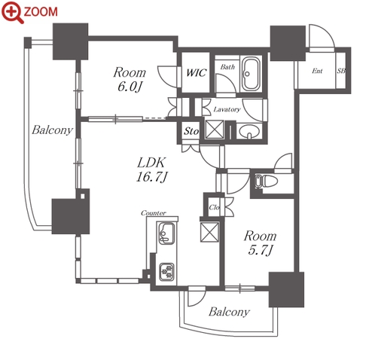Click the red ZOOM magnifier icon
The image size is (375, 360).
pyautogui.click(x=12, y=12)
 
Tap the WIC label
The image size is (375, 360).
pyautogui.click(x=197, y=72)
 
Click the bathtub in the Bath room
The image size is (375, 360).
pyautogui.click(x=251, y=74)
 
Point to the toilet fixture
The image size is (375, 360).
pyautogui.click(x=266, y=181)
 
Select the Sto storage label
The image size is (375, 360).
pyautogui.click(x=191, y=131)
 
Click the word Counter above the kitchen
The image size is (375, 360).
pyautogui.click(x=154, y=213)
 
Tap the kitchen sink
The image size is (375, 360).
pyautogui.click(x=166, y=233)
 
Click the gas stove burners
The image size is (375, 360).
pyautogui.click(x=166, y=272)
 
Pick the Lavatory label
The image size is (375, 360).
pyautogui.click(x=227, y=109)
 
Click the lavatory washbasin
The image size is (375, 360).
pyautogui.click(x=248, y=131)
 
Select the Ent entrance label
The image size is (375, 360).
pyautogui.click(x=317, y=71)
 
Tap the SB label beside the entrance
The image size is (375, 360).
pyautogui.click(x=341, y=71)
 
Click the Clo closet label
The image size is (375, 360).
pyautogui.click(x=214, y=207)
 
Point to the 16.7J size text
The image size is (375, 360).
pyautogui.click(x=151, y=177)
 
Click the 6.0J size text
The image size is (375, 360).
pyautogui.click(x=130, y=87)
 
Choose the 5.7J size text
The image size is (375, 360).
pyautogui.click(x=261, y=250)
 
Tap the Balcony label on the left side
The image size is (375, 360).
pyautogui.click(x=52, y=130)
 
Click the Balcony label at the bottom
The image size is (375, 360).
pyautogui.click(x=229, y=312)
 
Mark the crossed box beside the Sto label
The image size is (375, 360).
pyautogui.click(x=214, y=130)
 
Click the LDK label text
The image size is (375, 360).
pyautogui.click(x=151, y=163)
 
